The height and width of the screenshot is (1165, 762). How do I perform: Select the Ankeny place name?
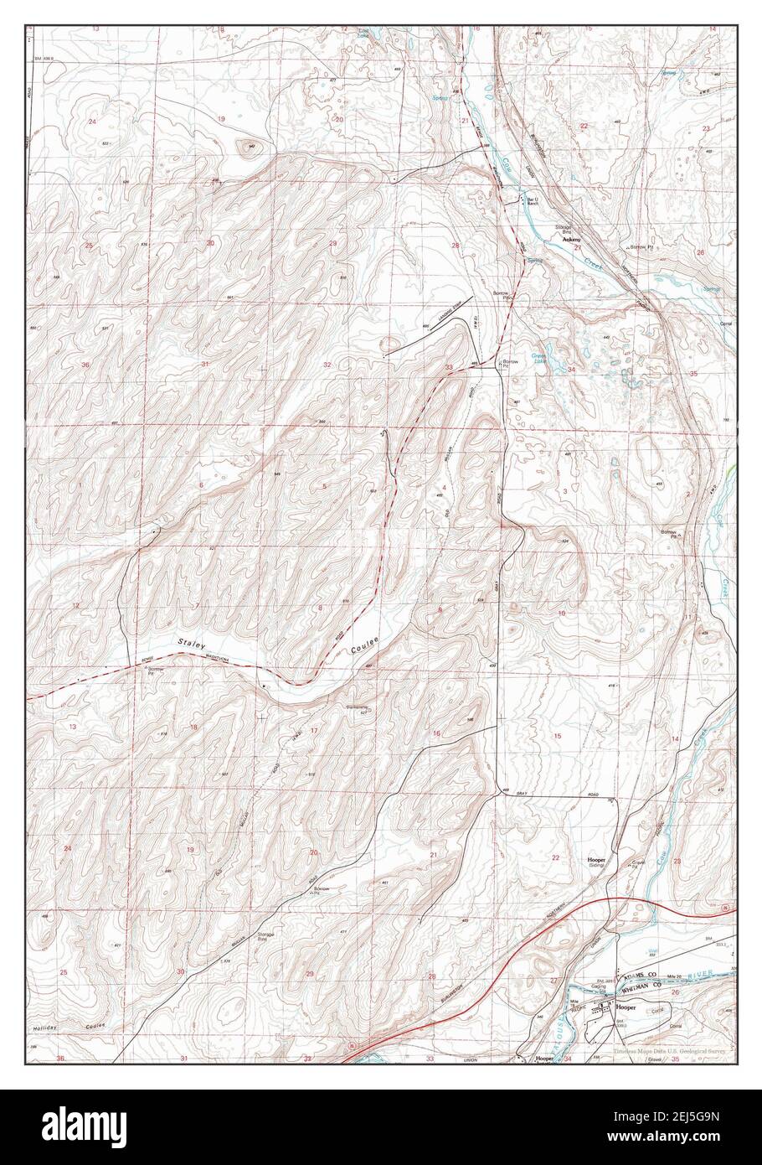coord(571,240)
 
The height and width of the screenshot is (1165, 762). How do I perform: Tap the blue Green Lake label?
coord(539,358)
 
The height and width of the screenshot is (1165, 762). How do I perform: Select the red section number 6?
coord(202,486)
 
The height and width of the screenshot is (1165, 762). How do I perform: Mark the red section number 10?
coord(562,614)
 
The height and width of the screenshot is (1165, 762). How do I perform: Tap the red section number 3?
coord(565,490)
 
